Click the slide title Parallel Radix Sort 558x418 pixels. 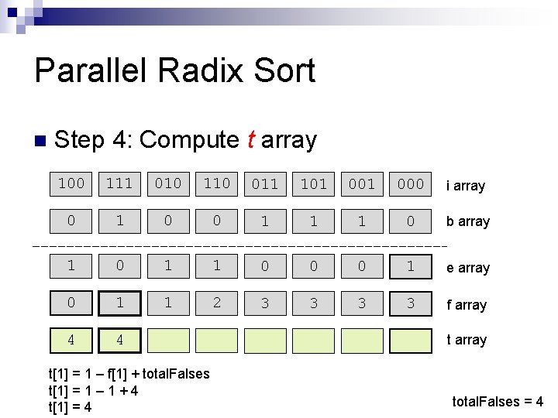click(x=174, y=71)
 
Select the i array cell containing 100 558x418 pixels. click(x=71, y=183)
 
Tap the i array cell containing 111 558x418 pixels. click(x=119, y=183)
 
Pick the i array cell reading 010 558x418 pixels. click(x=168, y=183)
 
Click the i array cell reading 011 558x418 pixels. click(x=265, y=184)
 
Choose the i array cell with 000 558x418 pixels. click(x=411, y=184)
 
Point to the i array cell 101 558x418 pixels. click(x=314, y=184)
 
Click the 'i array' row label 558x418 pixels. click(x=465, y=186)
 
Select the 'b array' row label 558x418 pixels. click(x=467, y=221)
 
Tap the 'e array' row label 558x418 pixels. click(x=467, y=268)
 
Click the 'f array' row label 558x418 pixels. click(x=466, y=305)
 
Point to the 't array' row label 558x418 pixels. click(x=466, y=340)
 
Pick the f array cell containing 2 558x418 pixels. click(x=216, y=303)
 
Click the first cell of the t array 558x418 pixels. click(x=71, y=340)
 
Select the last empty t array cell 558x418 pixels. click(x=411, y=341)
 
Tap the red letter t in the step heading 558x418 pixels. click(x=250, y=140)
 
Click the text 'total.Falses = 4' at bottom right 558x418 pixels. click(x=498, y=402)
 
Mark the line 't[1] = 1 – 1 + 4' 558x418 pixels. click(x=94, y=391)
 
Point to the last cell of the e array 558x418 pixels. click(x=411, y=267)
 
